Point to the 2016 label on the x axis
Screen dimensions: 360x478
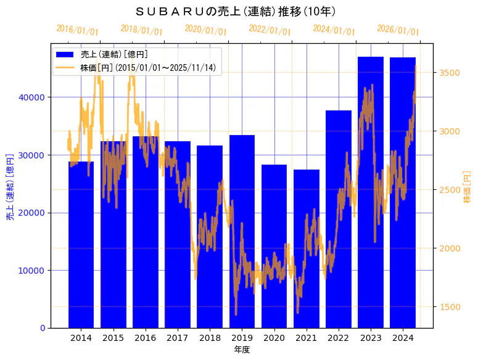[x=145, y=338]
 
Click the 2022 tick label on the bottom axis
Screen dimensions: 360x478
[x=339, y=338]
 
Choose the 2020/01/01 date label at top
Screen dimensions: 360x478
[x=206, y=30]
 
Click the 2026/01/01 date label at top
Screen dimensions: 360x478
[x=398, y=31]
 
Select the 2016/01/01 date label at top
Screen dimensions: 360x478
[x=77, y=30]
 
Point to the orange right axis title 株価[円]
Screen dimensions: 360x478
[x=467, y=185]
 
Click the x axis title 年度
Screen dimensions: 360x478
[x=242, y=350]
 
